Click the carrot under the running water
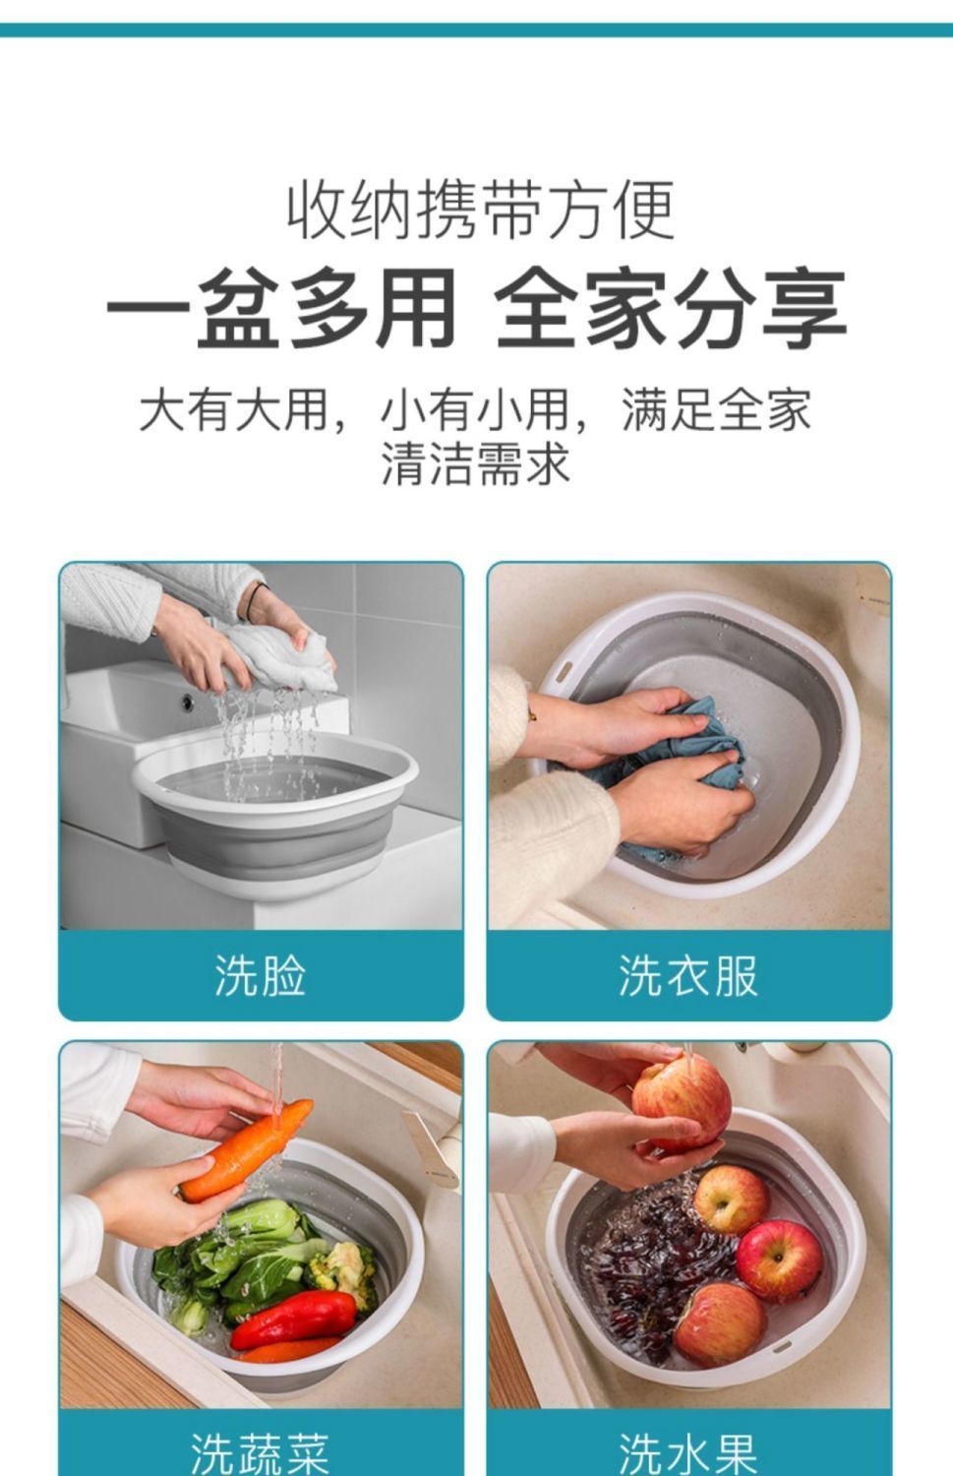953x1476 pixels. pyautogui.click(x=247, y=1150)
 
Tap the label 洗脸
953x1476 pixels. pyautogui.click(x=261, y=976)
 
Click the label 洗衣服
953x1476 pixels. pyautogui.click(x=688, y=976)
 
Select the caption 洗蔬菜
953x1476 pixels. pyautogui.click(x=260, y=1453)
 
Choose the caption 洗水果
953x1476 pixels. pyautogui.click(x=688, y=1453)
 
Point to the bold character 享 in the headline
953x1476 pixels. pyautogui.click(x=804, y=308)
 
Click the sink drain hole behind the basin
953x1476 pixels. pyautogui.click(x=188, y=703)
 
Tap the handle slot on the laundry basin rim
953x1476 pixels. pyautogui.click(x=564, y=672)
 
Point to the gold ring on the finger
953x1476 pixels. pyautogui.click(x=531, y=713)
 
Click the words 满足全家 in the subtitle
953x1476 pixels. pyautogui.click(x=717, y=410)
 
